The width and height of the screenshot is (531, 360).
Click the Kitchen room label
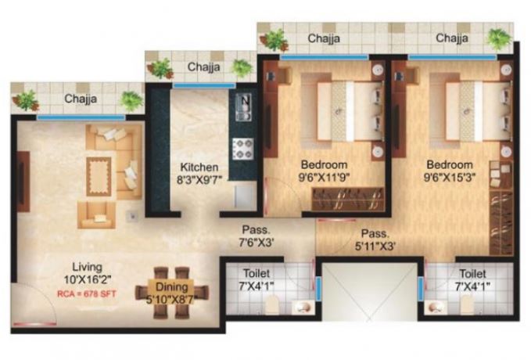click(199, 167)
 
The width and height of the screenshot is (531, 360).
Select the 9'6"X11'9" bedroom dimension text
click(324, 178)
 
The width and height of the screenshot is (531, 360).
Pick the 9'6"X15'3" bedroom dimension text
click(449, 178)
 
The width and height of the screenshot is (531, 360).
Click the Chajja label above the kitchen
click(203, 67)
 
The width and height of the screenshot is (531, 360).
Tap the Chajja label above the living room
click(79, 99)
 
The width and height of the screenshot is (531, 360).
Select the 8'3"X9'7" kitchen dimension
click(199, 179)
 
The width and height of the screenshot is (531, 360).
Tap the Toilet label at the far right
click(473, 275)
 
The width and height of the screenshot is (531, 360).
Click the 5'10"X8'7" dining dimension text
click(172, 298)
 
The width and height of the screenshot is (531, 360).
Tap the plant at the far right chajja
click(497, 38)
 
